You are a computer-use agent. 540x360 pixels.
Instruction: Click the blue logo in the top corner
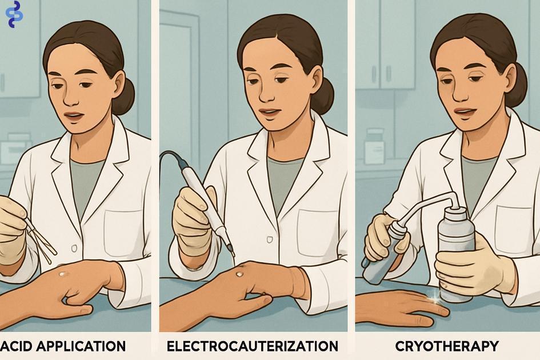[14, 14]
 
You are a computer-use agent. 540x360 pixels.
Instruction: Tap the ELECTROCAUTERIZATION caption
[253, 346]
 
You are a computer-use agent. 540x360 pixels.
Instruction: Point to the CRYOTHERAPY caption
[447, 346]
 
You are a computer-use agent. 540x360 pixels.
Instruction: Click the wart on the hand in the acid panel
[63, 274]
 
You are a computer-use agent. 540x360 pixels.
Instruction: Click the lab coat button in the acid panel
[74, 247]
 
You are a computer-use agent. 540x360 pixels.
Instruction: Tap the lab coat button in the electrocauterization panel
[270, 239]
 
